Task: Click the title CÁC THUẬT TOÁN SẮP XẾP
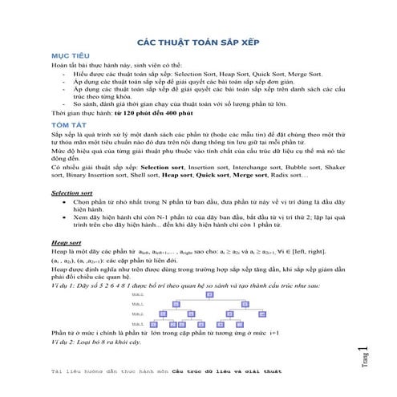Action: click(199, 39)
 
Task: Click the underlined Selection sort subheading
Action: click(71, 193)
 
